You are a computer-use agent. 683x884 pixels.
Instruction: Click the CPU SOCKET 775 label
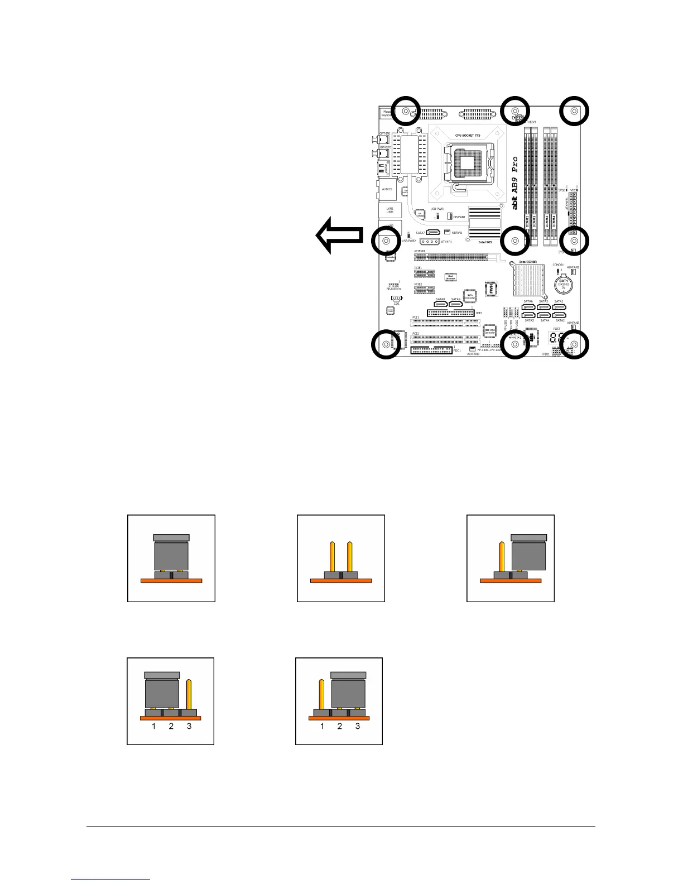point(467,136)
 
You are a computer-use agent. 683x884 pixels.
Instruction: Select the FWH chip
point(492,287)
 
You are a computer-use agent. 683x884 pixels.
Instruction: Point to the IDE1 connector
point(451,313)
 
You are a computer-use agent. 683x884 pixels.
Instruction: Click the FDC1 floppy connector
point(431,350)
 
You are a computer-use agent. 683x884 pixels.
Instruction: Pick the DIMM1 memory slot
point(527,184)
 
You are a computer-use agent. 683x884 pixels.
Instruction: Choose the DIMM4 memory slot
point(554,184)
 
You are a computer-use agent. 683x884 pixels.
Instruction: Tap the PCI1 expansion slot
point(445,322)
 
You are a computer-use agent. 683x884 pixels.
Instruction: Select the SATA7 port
point(433,232)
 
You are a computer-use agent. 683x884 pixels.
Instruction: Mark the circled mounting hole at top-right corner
point(574,111)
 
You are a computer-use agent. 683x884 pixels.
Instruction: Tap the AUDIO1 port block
point(388,190)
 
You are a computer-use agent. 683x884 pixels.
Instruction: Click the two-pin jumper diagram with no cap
point(341,558)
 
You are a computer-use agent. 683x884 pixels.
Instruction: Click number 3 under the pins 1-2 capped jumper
point(189,726)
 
